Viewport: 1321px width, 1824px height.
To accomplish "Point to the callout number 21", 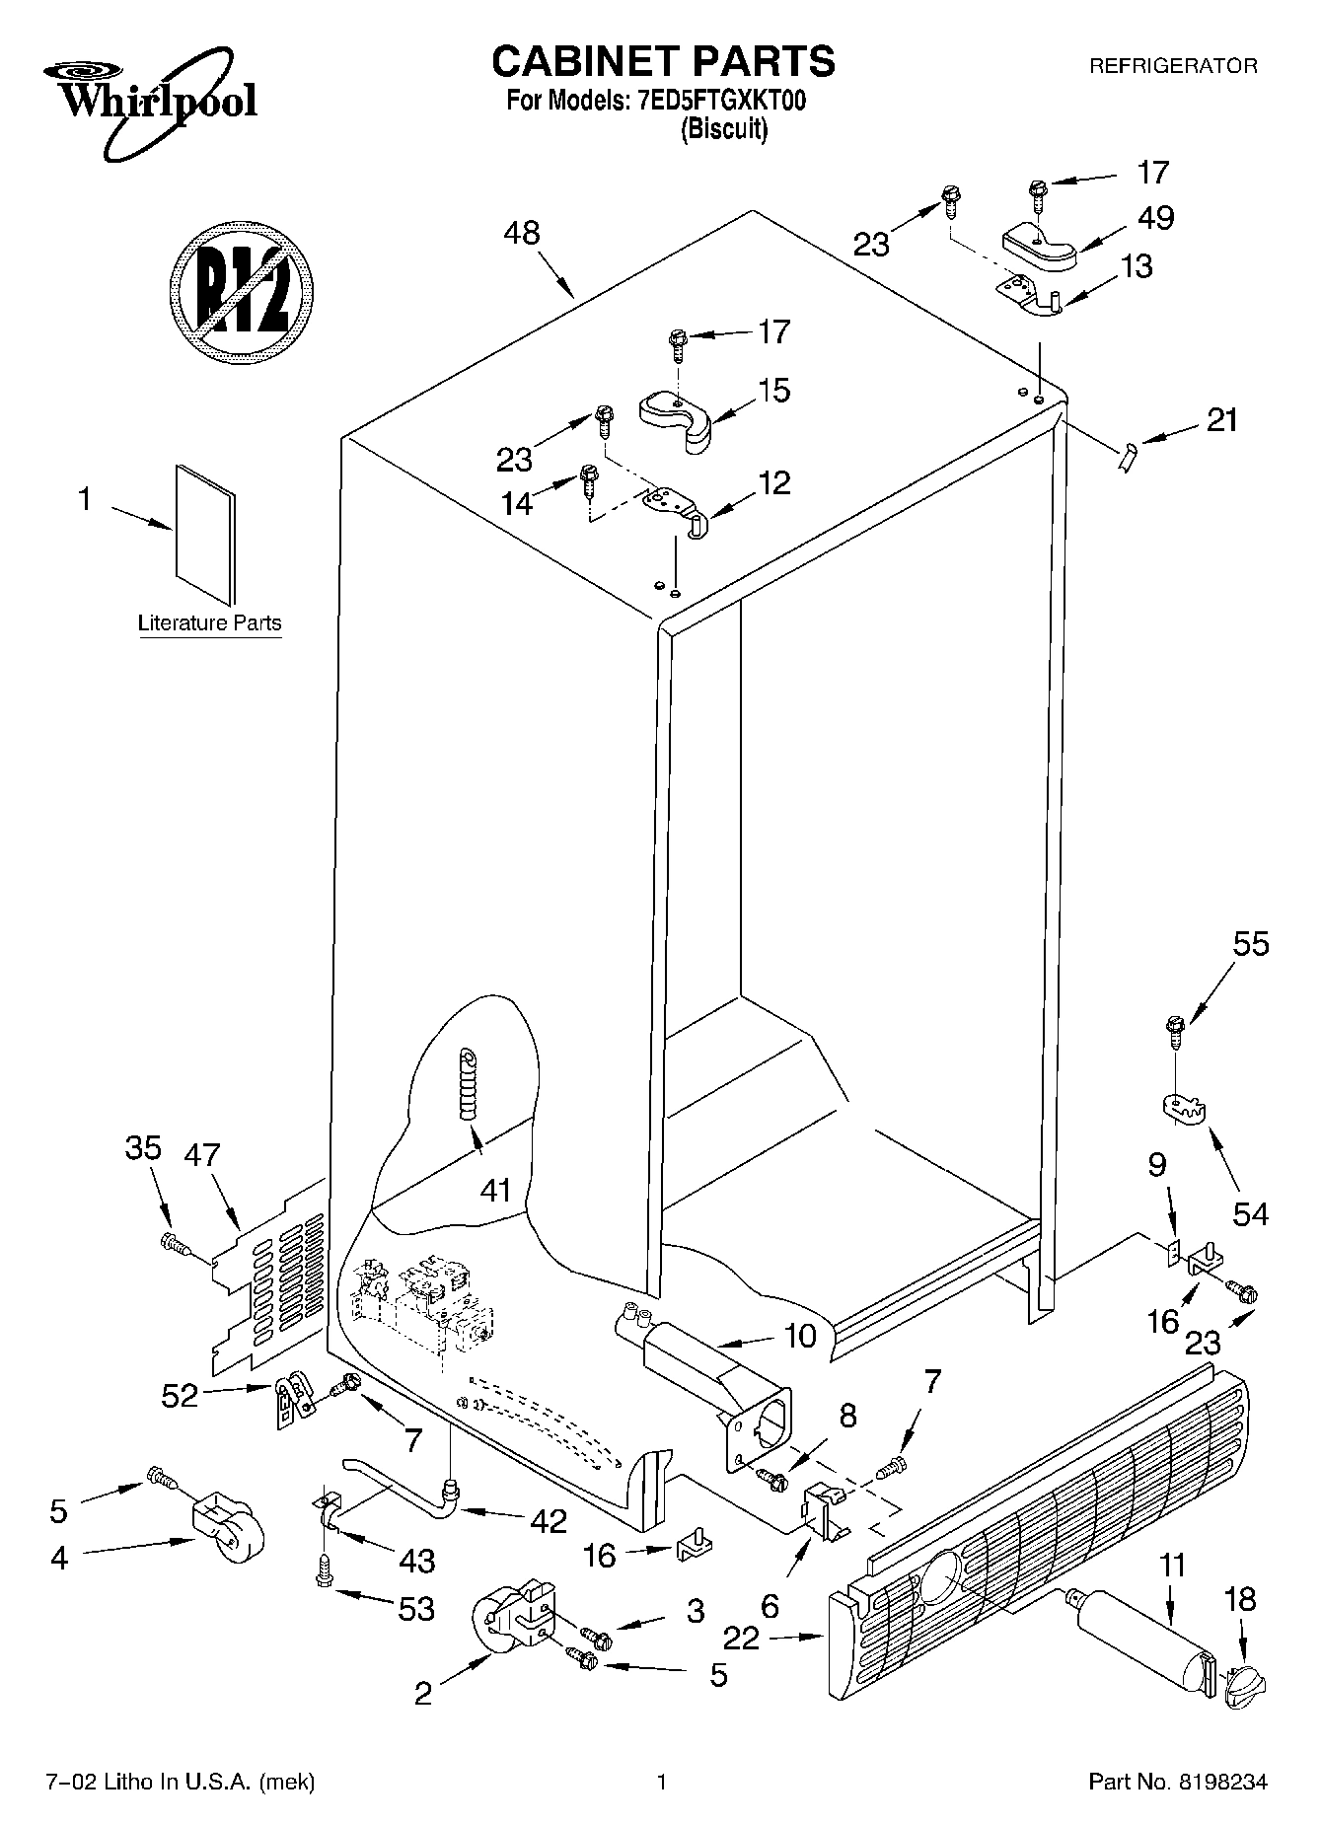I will pos(1221,420).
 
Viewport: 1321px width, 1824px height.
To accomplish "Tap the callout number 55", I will pos(1250,945).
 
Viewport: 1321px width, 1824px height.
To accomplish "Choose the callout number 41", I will pos(495,1191).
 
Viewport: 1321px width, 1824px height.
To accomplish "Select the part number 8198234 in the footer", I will pos(1221,1783).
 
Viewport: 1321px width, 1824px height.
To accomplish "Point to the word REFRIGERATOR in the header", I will pos(1172,66).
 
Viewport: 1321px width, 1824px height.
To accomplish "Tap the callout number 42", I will pos(548,1520).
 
